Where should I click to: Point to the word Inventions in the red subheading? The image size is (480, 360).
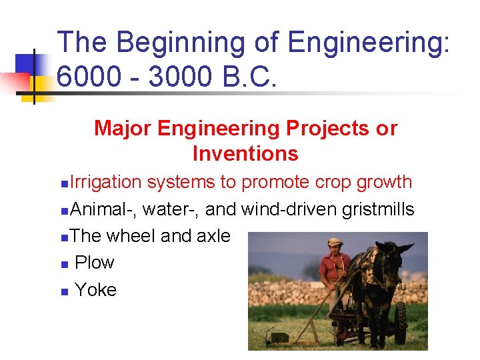coord(245,154)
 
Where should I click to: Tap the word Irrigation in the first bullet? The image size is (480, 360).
coord(105,182)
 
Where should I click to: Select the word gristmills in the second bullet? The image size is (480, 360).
coord(377,209)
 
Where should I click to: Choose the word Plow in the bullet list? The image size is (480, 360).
coord(94,263)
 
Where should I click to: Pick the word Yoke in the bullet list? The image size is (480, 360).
coord(95,290)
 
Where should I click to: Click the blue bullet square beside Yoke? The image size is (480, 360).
coord(63,291)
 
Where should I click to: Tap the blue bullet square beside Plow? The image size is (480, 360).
coord(63,265)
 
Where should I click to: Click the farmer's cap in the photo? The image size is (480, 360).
coord(334,243)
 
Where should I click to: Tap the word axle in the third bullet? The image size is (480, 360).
coord(213,236)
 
